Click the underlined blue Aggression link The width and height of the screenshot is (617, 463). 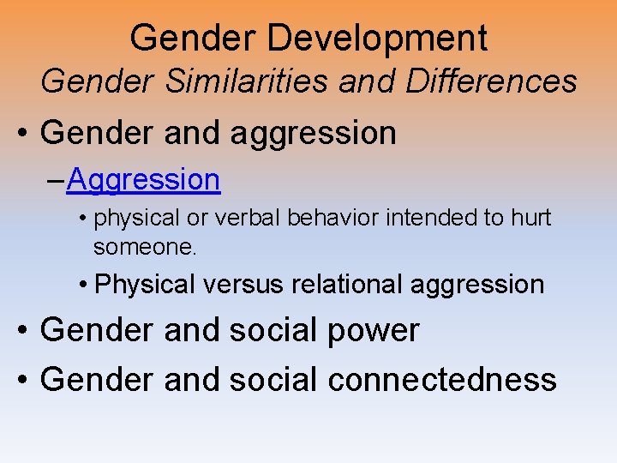pyautogui.click(x=143, y=180)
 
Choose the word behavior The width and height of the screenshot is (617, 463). pyautogui.click(x=333, y=219)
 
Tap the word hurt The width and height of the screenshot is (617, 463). pyautogui.click(x=531, y=219)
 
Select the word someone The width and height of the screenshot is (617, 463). pyautogui.click(x=145, y=248)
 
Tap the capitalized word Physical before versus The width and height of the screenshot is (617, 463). pyautogui.click(x=146, y=285)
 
